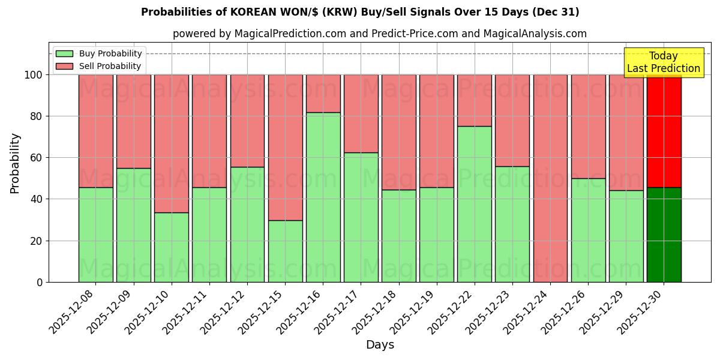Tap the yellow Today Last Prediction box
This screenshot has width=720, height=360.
tap(663, 62)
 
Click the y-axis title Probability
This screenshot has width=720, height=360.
tap(15, 163)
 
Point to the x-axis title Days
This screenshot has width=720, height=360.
tap(380, 345)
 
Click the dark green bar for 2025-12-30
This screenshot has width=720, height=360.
tap(664, 235)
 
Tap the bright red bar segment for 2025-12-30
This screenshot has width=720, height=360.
tap(664, 131)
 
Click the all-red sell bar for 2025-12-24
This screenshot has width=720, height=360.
tap(550, 178)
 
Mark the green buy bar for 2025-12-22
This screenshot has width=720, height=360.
tap(474, 204)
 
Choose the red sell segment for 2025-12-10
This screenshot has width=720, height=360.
tap(171, 143)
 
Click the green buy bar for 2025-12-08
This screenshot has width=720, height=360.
tap(95, 235)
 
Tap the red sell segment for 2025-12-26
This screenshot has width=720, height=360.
tap(588, 127)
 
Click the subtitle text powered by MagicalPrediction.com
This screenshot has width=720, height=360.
tap(380, 34)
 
